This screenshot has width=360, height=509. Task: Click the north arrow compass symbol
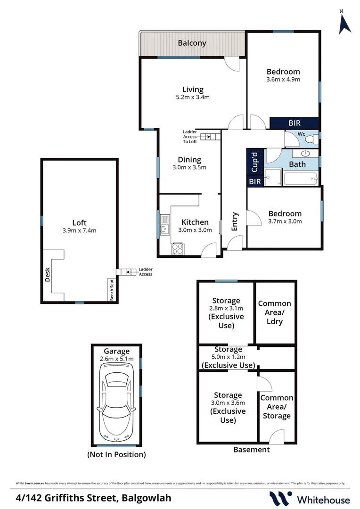point(345,22)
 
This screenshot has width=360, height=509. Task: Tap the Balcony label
point(192,43)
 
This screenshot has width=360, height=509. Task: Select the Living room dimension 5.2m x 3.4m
point(193,98)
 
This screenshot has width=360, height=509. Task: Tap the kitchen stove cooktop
point(178,248)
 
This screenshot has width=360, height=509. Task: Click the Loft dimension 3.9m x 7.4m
point(79,231)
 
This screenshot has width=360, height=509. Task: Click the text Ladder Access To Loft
point(190,137)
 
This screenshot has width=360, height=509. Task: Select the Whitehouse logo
point(310,499)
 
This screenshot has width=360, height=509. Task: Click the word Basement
point(252,450)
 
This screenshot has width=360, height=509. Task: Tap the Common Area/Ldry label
point(275,312)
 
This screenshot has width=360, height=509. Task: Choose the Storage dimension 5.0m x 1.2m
point(229,357)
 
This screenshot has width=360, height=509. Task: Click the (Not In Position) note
point(116,455)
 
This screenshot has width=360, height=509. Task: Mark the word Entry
point(234,222)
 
